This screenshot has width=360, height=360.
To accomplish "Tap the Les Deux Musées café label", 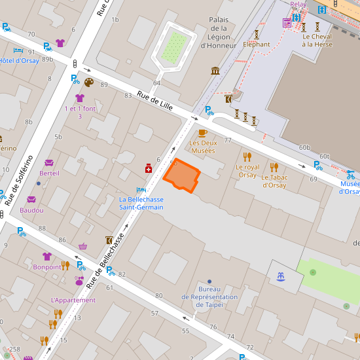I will point(202,147).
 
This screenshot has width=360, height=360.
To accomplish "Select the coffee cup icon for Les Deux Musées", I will point(202,133).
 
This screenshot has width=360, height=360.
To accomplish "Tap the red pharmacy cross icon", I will point(149,169).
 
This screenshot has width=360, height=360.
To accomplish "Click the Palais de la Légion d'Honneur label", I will point(219,33).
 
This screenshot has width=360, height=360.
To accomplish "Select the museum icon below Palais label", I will point(215,71).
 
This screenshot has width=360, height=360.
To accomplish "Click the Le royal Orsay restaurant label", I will point(247,171).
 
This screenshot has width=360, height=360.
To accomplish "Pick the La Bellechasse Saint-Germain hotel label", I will point(141,203).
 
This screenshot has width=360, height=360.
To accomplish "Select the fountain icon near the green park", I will point(281,276).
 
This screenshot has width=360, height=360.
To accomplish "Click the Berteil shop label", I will point(49,173).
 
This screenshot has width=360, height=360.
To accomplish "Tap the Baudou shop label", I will point(31,210).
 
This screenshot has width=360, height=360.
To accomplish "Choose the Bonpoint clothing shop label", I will point(46,267).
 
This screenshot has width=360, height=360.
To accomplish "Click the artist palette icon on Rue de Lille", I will point(89,82).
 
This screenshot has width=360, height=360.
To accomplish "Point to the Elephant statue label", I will point(256,45).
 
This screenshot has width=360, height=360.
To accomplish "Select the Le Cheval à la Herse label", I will point(317,41).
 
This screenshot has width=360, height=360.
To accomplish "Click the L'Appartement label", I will point(68,300).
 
